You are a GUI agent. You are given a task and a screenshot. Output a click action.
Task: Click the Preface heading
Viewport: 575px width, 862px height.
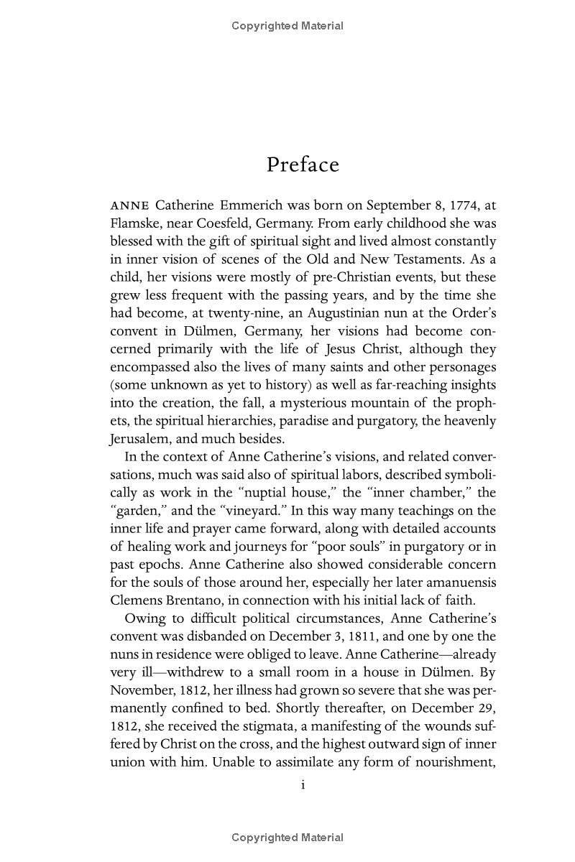(x=303, y=164)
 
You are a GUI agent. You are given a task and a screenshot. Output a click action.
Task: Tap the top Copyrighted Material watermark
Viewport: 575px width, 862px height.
(x=287, y=26)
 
